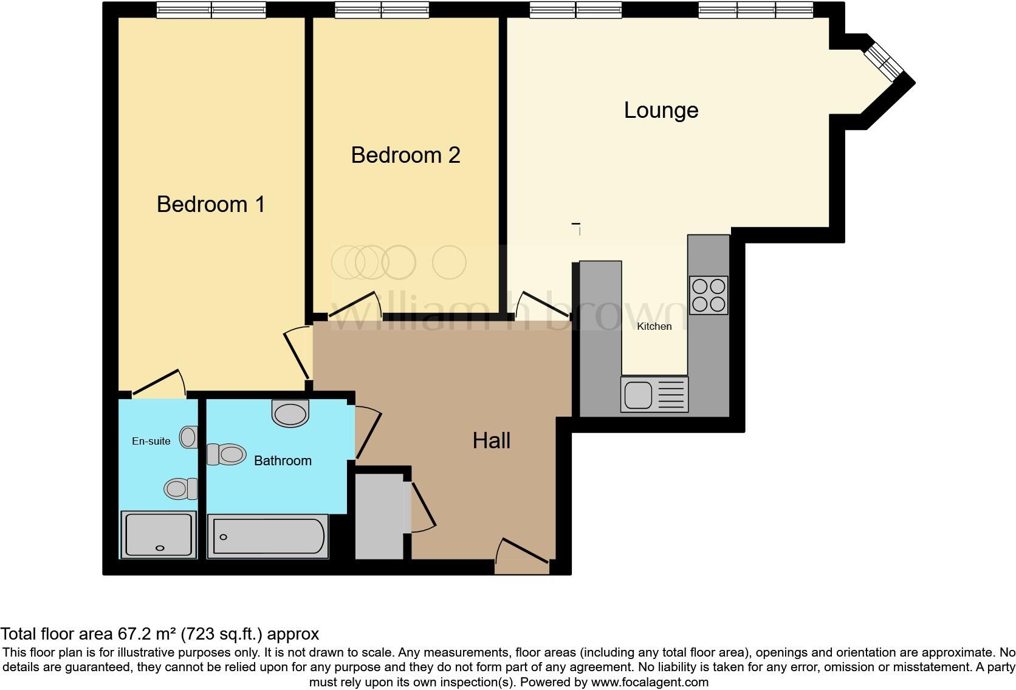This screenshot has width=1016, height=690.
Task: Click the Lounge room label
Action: pyautogui.click(x=661, y=111)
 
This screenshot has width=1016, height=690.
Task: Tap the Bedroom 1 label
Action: pyautogui.click(x=211, y=204)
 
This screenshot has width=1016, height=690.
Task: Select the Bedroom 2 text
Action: pyautogui.click(x=405, y=155)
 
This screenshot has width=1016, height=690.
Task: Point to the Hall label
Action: pyautogui.click(x=491, y=440)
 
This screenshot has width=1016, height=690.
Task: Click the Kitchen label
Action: pyautogui.click(x=654, y=327)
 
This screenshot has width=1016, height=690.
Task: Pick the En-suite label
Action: pyautogui.click(x=151, y=442)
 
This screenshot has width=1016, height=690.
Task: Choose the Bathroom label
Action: pyautogui.click(x=283, y=461)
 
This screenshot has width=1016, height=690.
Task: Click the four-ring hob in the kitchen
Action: pyautogui.click(x=709, y=295)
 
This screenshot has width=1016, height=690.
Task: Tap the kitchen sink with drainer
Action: pyautogui.click(x=654, y=394)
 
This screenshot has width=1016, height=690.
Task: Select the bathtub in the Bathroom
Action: pyautogui.click(x=268, y=536)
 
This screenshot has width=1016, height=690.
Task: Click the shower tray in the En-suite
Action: pyautogui.click(x=159, y=535)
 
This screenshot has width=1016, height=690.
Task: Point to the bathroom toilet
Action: pyautogui.click(x=227, y=454)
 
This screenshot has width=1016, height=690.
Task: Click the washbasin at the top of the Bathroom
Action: pyautogui.click(x=290, y=413)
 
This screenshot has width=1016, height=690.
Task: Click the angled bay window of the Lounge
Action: pyautogui.click(x=884, y=61)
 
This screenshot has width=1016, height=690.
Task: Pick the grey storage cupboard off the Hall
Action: pyautogui.click(x=379, y=517)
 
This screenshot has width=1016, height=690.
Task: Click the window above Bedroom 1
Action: pyautogui.click(x=211, y=10)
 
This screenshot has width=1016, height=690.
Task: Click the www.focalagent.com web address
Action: pyautogui.click(x=650, y=682)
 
